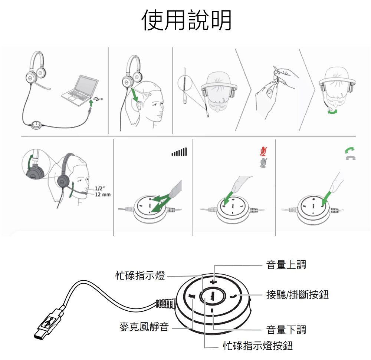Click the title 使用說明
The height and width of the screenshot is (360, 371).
pyautogui.click(x=186, y=20)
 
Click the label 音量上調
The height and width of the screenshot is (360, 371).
pyautogui.click(x=286, y=265)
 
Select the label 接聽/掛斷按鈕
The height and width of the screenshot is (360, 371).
pyautogui.click(x=298, y=295)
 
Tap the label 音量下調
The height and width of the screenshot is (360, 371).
pyautogui.click(x=286, y=330)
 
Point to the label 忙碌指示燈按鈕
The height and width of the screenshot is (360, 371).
pyautogui.click(x=258, y=346)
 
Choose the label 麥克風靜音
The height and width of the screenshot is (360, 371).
pyautogui.click(x=144, y=327)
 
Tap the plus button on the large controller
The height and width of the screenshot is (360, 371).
pyautogui.click(x=213, y=282)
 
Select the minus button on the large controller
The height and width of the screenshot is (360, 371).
pyautogui.click(x=212, y=310)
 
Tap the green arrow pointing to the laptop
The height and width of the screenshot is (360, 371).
pyautogui.click(x=91, y=103)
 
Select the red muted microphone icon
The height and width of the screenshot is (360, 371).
pyautogui.click(x=263, y=152)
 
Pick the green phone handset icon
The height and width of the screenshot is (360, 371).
pyautogui.click(x=350, y=150)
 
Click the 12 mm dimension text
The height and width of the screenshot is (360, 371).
pyautogui.click(x=103, y=195)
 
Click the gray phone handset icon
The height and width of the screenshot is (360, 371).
pyautogui.click(x=351, y=158)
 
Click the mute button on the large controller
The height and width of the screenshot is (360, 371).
pyautogui.click(x=191, y=296)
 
